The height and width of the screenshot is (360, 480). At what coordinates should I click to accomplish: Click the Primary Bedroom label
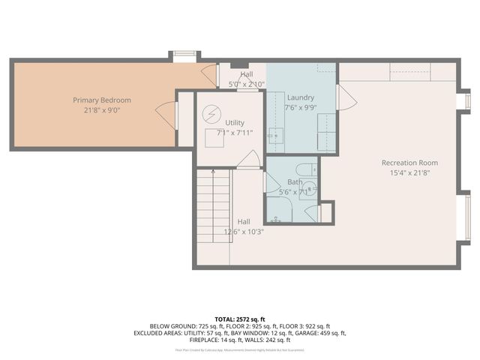pos(101,100)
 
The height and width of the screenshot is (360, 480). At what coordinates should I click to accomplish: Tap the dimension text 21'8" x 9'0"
pos(101,109)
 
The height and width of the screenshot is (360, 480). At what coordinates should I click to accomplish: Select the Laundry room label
pos(301,97)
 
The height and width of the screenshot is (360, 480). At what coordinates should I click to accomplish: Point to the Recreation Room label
pos(409,163)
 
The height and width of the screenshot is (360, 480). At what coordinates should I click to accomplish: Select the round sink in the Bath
pos(311,190)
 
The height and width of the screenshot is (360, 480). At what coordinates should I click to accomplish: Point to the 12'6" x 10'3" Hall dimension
pos(243,232)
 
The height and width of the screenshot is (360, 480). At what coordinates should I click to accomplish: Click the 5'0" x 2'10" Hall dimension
pos(246,84)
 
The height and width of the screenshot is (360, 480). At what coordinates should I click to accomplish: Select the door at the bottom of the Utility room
pos(253,160)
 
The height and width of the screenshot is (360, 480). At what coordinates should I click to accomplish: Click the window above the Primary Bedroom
pos(183,55)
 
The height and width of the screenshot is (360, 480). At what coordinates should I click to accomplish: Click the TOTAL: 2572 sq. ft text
pos(241,319)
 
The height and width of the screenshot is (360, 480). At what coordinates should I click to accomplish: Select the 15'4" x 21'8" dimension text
pos(409,172)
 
